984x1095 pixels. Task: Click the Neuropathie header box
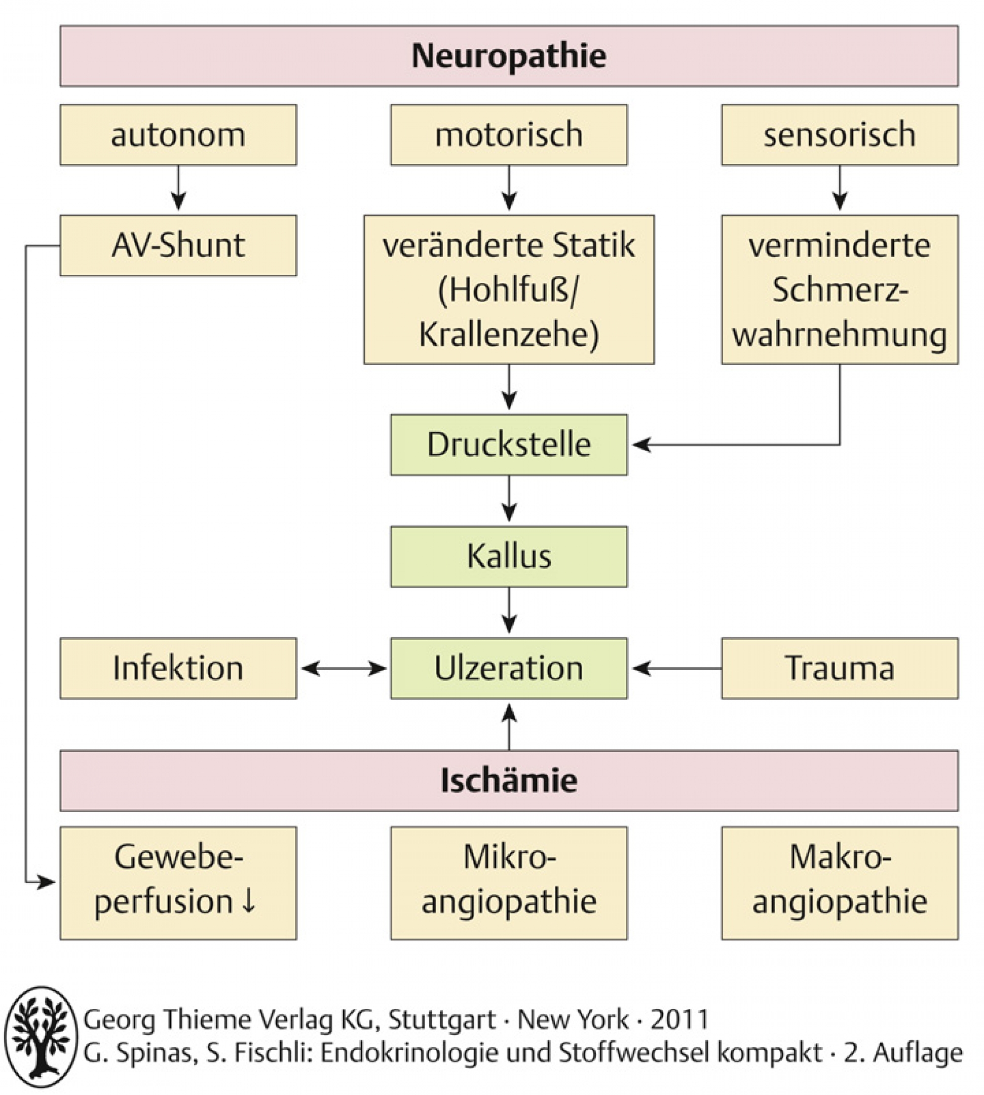coord(509,56)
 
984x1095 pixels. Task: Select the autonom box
coord(178,135)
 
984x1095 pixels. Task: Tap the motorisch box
coord(509,135)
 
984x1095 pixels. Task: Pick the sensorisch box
coord(840,135)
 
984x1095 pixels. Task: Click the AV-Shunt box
coord(178,246)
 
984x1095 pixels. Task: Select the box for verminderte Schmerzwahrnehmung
coord(840,289)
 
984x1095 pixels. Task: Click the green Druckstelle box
coord(509,445)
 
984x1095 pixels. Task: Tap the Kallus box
coord(509,557)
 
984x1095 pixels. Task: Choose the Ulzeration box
coord(509,669)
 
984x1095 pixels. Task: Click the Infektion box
coord(178,669)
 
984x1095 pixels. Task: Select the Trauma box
coord(840,669)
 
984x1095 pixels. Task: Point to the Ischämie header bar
coord(509,781)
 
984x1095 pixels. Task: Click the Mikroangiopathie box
coord(509,883)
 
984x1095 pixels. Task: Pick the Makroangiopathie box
coord(840,883)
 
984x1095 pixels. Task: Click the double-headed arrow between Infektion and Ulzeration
coord(344,669)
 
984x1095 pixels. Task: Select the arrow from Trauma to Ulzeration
coord(677,669)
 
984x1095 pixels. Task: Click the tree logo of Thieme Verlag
coord(41,1037)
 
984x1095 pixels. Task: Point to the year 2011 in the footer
coord(679,1020)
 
